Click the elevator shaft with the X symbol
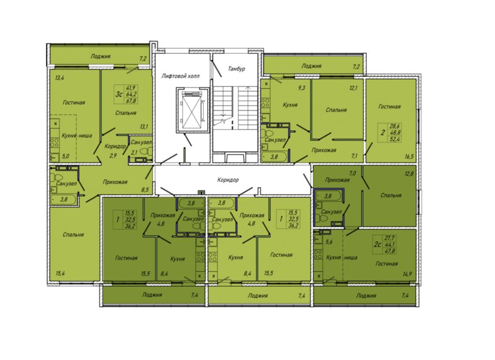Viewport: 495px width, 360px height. pos(192,110)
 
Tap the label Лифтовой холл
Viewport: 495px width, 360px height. pos(180,76)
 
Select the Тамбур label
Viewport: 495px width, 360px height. pos(237,69)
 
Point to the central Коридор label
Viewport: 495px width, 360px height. pos(228,180)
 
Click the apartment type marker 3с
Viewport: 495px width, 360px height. pos(118,94)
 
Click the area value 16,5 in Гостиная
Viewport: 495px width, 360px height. pos(409,156)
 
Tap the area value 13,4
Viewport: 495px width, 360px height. pos(60,78)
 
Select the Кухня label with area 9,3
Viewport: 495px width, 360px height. pos(290,105)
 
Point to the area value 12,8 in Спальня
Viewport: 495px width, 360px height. pos(409,173)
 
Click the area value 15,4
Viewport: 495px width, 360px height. pos(61,273)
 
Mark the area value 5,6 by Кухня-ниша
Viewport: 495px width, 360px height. pos(329,242)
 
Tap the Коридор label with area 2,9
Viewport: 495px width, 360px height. pos(115,146)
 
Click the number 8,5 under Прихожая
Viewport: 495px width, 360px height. pos(145,190)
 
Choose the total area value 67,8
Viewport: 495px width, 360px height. pos(132,101)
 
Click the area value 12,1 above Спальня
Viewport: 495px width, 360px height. pos(353,88)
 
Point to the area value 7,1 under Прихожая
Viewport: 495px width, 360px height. pos(354,156)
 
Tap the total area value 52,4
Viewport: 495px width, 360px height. pos(395,139)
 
